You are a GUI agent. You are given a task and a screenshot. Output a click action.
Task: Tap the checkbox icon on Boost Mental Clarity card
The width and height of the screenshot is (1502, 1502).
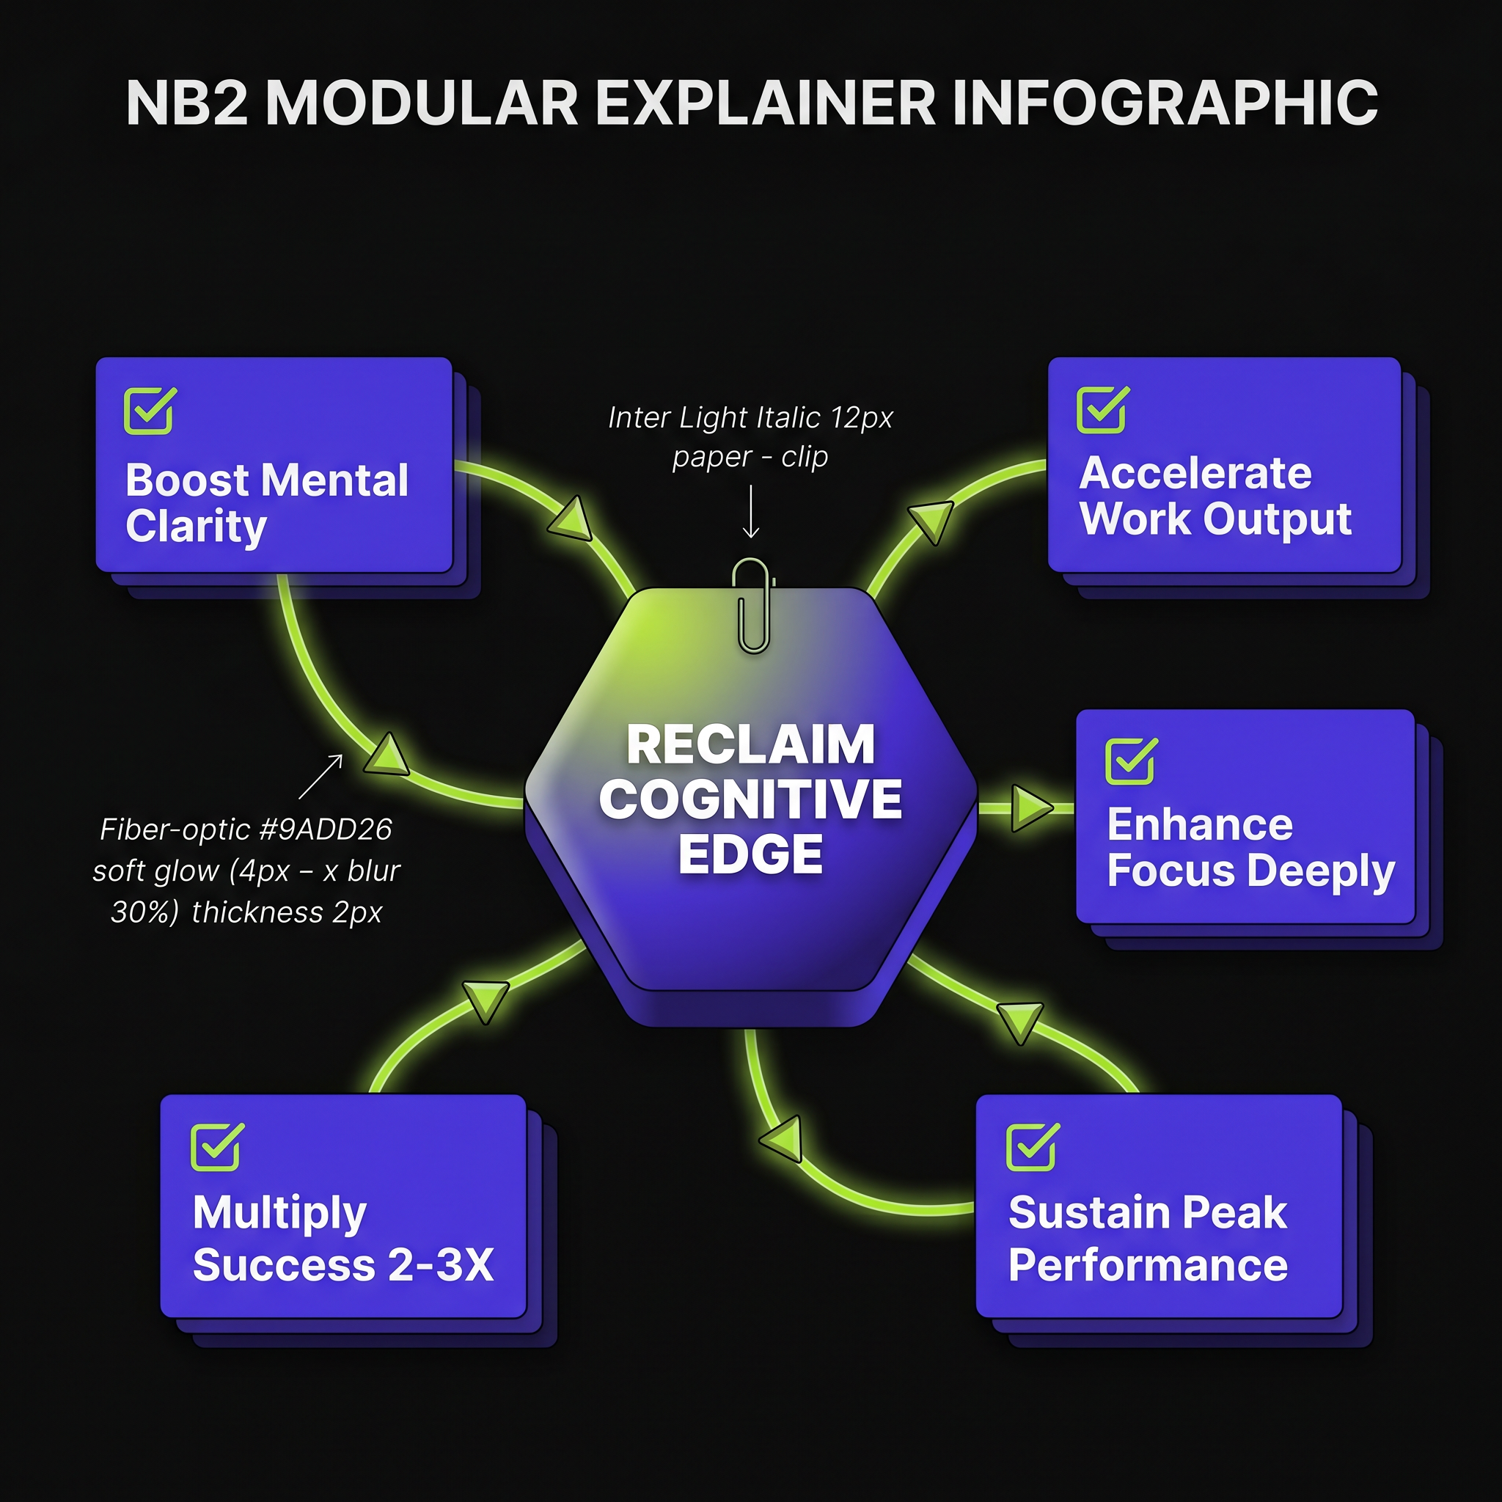(150, 411)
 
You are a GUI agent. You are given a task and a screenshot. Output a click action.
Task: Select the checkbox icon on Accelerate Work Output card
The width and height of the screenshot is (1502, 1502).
(1102, 409)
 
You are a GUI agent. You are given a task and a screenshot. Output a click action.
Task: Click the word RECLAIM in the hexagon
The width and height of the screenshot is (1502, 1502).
(750, 745)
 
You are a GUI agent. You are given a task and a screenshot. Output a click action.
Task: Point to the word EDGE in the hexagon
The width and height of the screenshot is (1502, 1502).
(750, 854)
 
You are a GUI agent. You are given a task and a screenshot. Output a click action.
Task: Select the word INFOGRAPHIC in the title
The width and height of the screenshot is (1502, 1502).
(1164, 103)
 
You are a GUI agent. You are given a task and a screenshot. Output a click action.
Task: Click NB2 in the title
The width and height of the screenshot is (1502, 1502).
(186, 103)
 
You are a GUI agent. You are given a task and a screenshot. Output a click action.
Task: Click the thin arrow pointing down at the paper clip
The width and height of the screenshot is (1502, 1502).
(751, 510)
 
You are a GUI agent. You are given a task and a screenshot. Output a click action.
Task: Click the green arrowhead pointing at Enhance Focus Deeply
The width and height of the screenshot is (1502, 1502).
(1032, 808)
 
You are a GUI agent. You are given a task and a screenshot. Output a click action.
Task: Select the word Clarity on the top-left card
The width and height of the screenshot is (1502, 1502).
(196, 528)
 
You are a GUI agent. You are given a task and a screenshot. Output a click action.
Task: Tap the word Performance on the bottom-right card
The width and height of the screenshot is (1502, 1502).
(1148, 1265)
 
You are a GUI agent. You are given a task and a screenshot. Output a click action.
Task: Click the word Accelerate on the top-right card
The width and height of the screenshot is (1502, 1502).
(1195, 473)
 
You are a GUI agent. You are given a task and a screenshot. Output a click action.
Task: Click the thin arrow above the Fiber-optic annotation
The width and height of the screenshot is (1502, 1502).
(321, 776)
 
